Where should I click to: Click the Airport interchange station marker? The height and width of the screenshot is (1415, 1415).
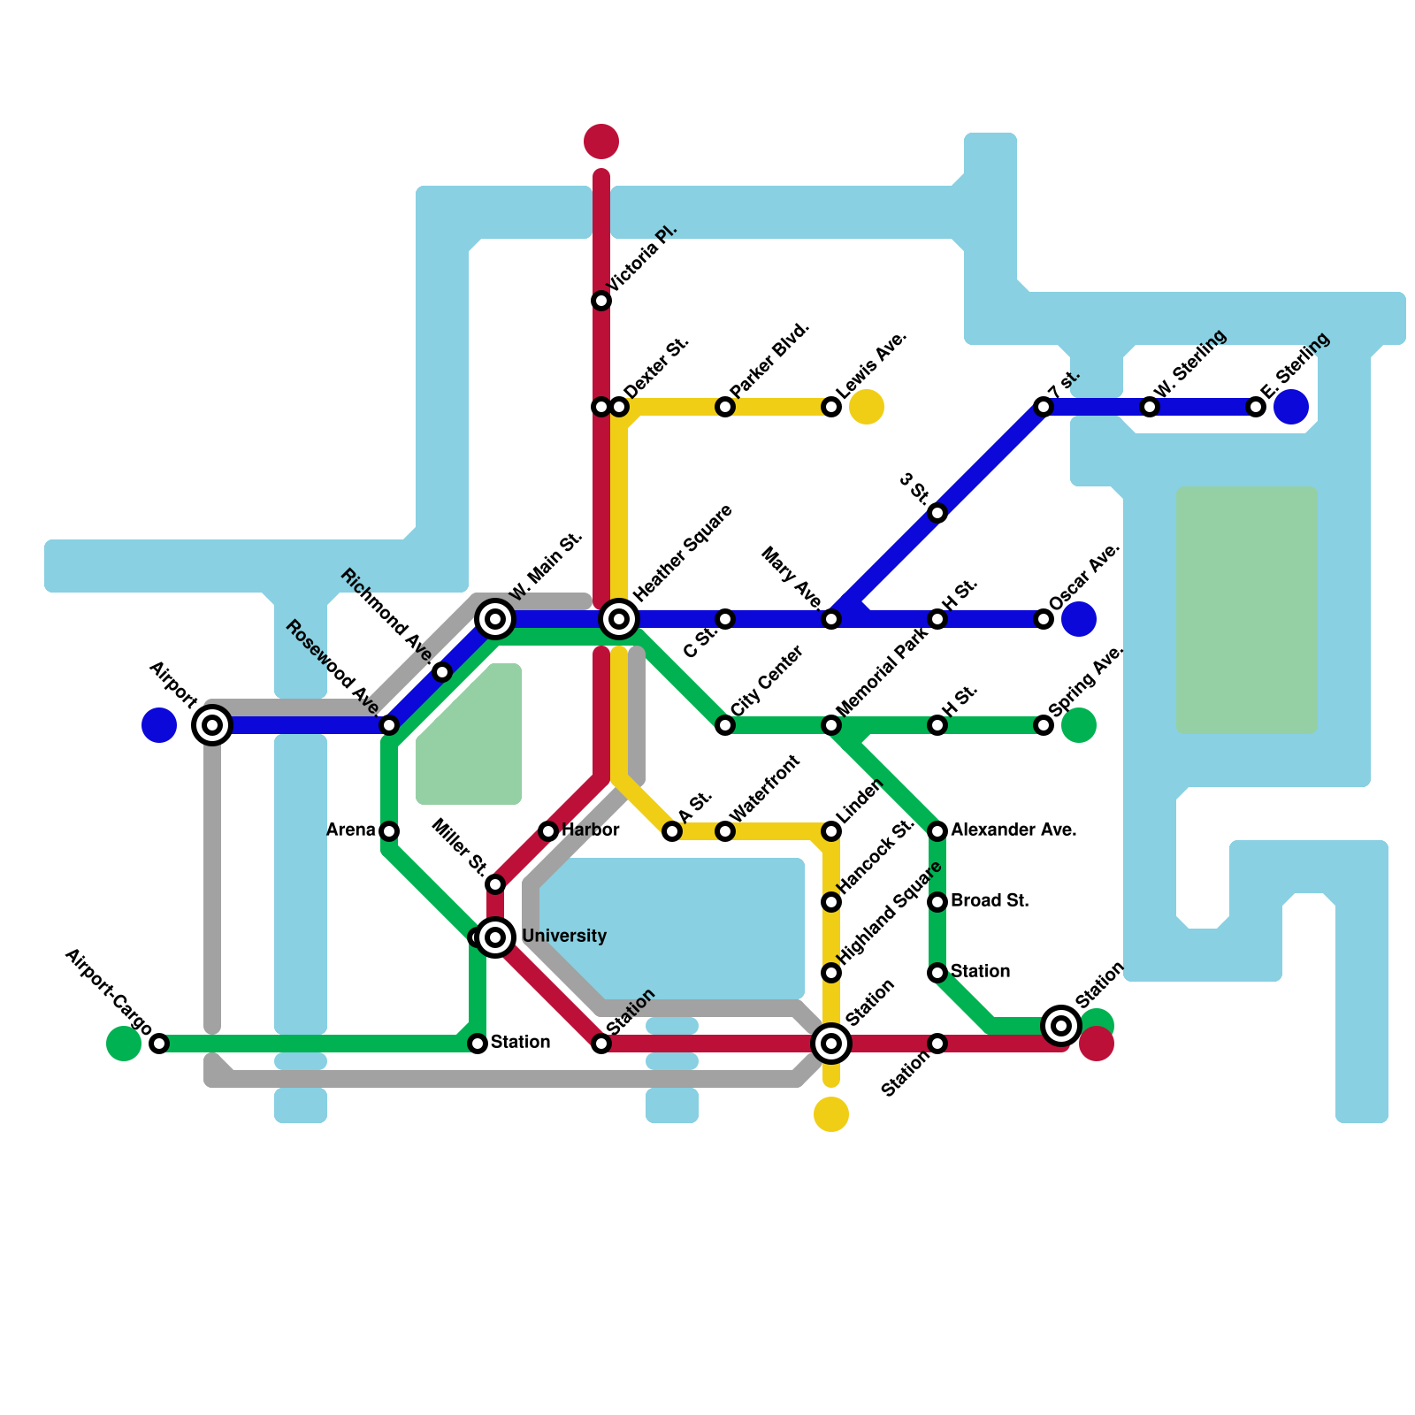click(x=212, y=725)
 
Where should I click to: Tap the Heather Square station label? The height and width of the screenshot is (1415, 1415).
click(x=683, y=552)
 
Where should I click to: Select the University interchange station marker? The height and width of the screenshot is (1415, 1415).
click(x=496, y=937)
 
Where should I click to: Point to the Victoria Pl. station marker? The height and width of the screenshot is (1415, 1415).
click(x=601, y=301)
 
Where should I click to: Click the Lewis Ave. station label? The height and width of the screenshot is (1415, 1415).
click(x=870, y=364)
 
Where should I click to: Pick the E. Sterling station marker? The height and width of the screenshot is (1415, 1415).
click(x=1256, y=407)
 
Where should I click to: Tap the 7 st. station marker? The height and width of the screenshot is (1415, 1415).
click(x=1044, y=407)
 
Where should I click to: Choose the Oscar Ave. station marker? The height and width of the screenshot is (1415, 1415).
click(x=1044, y=619)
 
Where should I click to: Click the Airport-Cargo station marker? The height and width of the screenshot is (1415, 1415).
click(x=159, y=1044)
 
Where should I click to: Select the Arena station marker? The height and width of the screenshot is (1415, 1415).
click(x=389, y=831)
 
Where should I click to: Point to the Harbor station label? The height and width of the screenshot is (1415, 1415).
click(x=591, y=830)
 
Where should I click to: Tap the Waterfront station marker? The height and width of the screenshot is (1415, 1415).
click(x=725, y=831)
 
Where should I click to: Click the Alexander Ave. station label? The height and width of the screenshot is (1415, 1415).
click(x=1013, y=830)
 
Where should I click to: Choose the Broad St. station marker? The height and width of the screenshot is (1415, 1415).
click(x=937, y=902)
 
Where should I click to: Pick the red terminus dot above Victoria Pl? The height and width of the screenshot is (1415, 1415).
click(x=601, y=141)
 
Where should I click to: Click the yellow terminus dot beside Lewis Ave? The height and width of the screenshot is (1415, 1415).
click(x=867, y=407)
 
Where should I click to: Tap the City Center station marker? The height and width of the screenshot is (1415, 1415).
click(x=725, y=725)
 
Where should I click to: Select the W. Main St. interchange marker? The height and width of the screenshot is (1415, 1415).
click(x=495, y=619)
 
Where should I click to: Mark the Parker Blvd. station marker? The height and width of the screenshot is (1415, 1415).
click(x=725, y=407)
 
